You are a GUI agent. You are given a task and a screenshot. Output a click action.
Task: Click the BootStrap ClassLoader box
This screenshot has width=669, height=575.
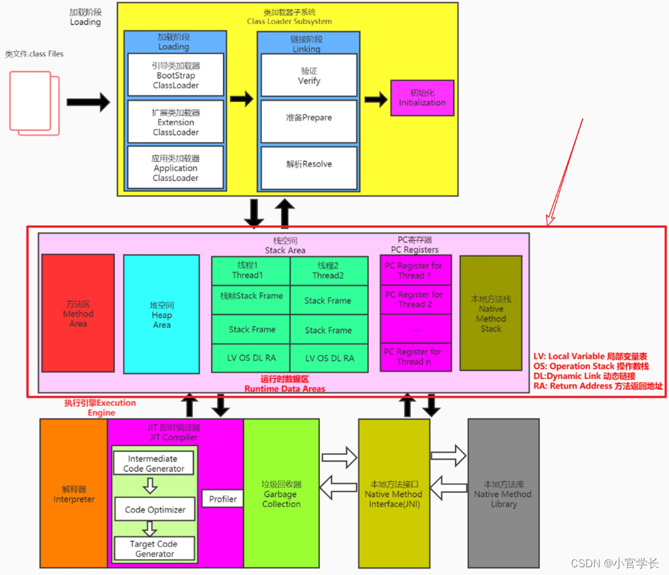pos(175,75)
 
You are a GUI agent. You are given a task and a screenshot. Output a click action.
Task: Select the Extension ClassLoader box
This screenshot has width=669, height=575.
pos(175,121)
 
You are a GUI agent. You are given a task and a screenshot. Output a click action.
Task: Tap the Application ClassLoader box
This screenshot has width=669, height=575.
pos(175,168)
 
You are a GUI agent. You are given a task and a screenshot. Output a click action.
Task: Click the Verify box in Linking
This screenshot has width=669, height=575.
pos(309,76)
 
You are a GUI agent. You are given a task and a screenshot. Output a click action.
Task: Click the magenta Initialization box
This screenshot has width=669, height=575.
pos(422,97)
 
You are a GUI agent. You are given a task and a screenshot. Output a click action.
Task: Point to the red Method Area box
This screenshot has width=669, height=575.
pos(78,313)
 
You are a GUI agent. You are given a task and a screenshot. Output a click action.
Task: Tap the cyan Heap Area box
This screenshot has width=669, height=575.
pos(161,314)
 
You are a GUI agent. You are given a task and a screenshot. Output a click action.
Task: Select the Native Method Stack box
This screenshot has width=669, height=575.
pos(490,313)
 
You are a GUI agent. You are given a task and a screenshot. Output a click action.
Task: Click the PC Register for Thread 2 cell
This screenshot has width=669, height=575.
pos(415,299)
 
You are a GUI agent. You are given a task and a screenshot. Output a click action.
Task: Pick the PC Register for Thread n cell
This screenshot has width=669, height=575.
pos(415,357)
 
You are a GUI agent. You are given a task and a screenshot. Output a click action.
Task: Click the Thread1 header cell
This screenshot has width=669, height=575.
pos(251,270)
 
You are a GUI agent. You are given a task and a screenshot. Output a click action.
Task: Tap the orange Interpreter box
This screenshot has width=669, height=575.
pos(74,494)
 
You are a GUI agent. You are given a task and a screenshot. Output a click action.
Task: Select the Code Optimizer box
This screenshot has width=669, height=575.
pos(155,509)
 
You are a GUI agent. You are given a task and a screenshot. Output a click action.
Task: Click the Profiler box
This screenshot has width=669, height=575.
pos(223,499)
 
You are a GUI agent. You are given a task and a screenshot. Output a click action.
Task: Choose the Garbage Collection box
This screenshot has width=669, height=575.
pos(281,494)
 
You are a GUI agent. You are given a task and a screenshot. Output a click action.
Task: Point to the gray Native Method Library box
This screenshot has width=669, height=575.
pos(503,494)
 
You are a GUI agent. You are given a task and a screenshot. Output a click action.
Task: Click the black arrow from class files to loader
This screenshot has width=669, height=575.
pos(88,101)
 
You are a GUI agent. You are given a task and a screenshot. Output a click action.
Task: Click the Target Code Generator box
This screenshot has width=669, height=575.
pos(155,549)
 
